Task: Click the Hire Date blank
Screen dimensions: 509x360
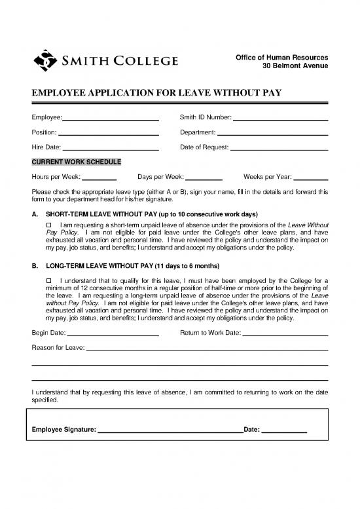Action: tap(111, 148)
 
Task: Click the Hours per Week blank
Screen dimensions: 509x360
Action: tap(99, 178)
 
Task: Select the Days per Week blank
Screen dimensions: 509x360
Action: tap(204, 178)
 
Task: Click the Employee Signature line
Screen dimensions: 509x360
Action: tap(170, 430)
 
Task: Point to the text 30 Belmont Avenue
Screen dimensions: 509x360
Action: tap(299, 66)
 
